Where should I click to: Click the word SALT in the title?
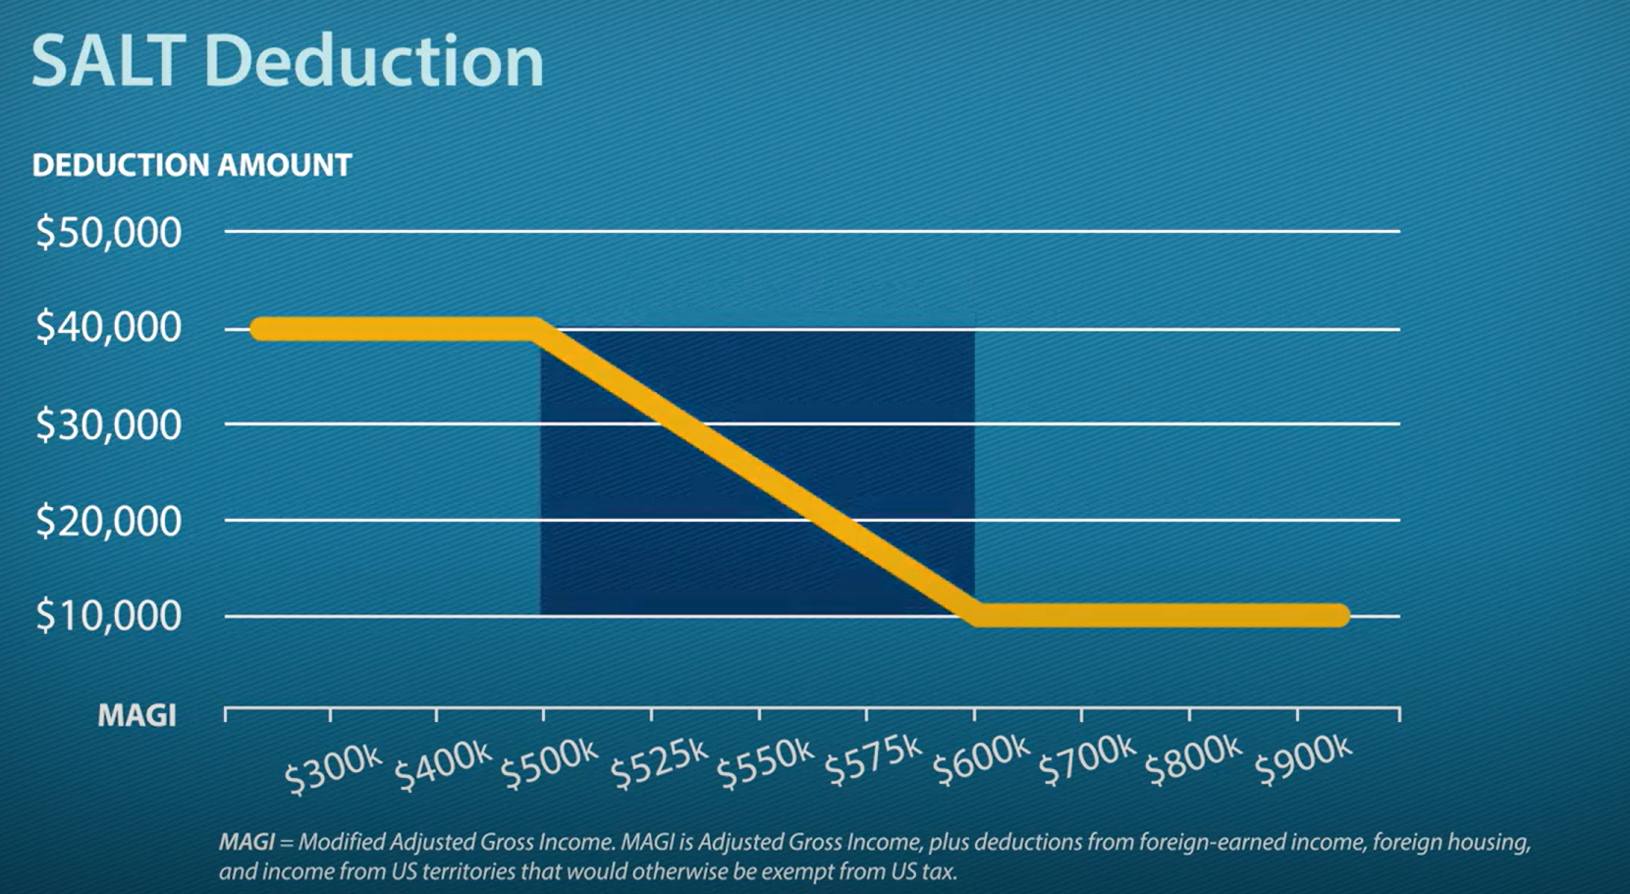click(x=107, y=61)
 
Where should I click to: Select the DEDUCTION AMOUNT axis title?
click(x=191, y=165)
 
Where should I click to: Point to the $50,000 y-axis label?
click(x=108, y=233)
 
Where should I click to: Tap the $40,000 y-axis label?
click(x=108, y=327)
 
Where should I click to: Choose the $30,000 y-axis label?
click(x=108, y=424)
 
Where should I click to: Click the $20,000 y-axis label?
click(x=108, y=521)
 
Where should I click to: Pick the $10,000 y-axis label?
click(x=108, y=616)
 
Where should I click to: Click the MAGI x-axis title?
click(x=136, y=715)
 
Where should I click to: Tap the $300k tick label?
click(x=333, y=767)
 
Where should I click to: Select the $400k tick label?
click(x=442, y=765)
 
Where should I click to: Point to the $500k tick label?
click(x=549, y=763)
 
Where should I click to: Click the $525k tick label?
click(x=658, y=762)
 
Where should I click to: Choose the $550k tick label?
click(x=765, y=762)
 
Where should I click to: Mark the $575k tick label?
click(x=872, y=761)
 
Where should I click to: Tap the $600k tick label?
click(x=980, y=760)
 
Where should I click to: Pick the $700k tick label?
click(x=1087, y=759)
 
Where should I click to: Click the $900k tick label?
click(x=1303, y=759)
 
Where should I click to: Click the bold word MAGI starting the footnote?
click(x=246, y=842)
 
